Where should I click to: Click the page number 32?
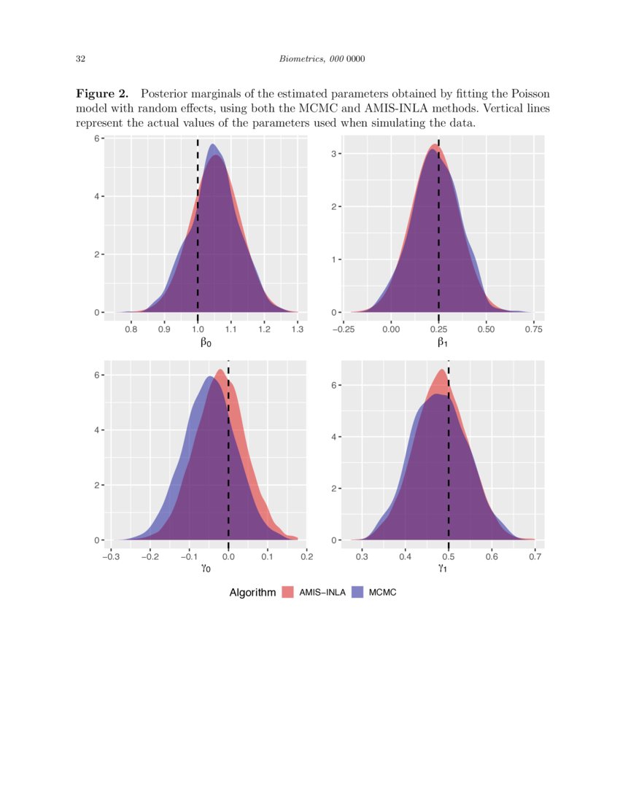(x=80, y=58)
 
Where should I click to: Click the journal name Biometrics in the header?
(x=300, y=58)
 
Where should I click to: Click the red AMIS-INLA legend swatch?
(x=287, y=593)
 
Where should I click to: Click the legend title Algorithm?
(x=252, y=593)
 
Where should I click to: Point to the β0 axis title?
(x=206, y=341)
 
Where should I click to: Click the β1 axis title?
(x=443, y=341)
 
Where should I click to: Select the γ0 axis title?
(x=206, y=569)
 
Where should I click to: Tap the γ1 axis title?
(x=443, y=569)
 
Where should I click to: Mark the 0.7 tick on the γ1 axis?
(x=535, y=557)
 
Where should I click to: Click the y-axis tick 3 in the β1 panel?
(x=333, y=154)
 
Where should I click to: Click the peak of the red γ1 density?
(x=441, y=370)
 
